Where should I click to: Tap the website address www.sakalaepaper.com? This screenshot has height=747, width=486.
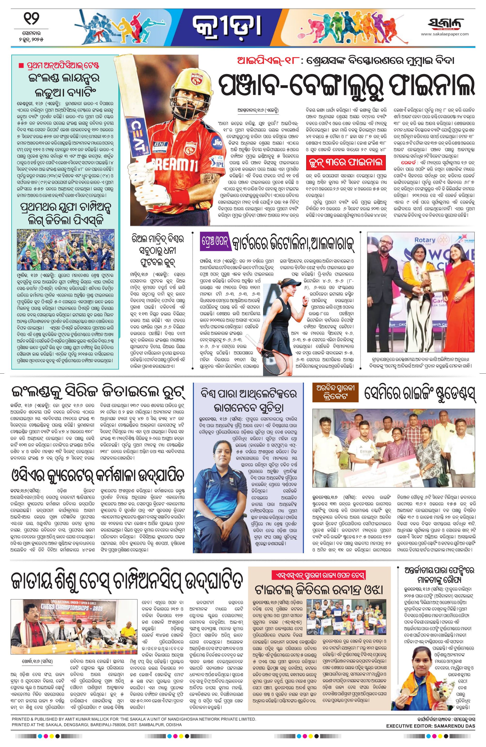pos(445,34)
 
